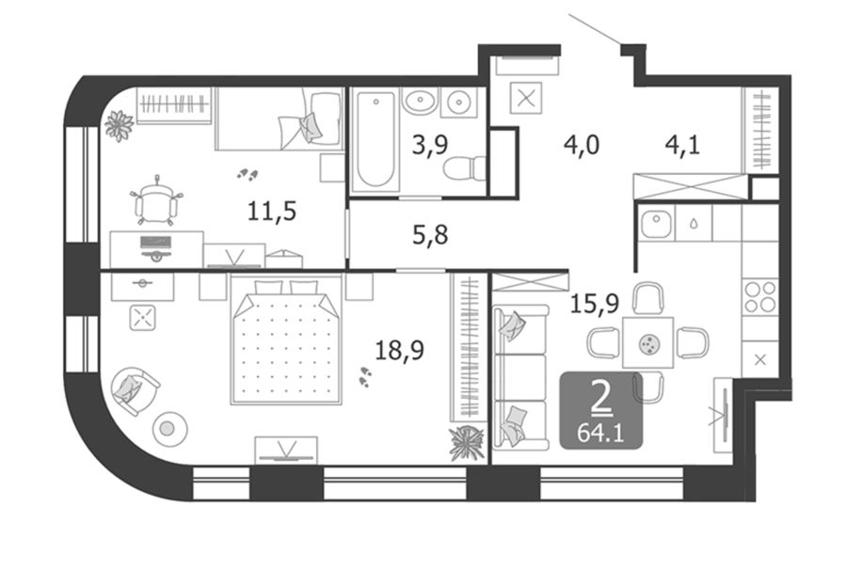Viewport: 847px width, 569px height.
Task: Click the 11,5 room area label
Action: pos(272,211)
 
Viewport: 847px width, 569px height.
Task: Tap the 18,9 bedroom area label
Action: pos(399,351)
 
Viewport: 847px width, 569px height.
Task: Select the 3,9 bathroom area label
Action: pos(430,145)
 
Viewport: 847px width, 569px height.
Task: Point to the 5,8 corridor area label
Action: pos(430,235)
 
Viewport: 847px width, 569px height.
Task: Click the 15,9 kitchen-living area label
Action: pos(595,304)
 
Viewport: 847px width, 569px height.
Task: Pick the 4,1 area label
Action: pos(683,145)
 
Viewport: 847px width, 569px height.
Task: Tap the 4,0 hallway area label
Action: pos(582,145)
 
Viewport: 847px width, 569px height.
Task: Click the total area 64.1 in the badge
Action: pos(600,433)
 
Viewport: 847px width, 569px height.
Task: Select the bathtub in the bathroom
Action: pos(376,140)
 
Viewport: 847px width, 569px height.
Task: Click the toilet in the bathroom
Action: pos(465,168)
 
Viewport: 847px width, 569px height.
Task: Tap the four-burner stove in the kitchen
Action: pos(760,296)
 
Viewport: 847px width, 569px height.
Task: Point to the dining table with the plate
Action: pos(647,342)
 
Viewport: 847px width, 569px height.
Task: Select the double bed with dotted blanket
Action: pos(286,340)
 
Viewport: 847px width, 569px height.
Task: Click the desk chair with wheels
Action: pos(156,200)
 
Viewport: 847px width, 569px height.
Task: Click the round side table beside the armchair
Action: pos(170,429)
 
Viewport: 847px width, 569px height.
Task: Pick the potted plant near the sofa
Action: pos(466,443)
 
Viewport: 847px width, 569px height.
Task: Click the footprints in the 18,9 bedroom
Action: pos(365,377)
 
